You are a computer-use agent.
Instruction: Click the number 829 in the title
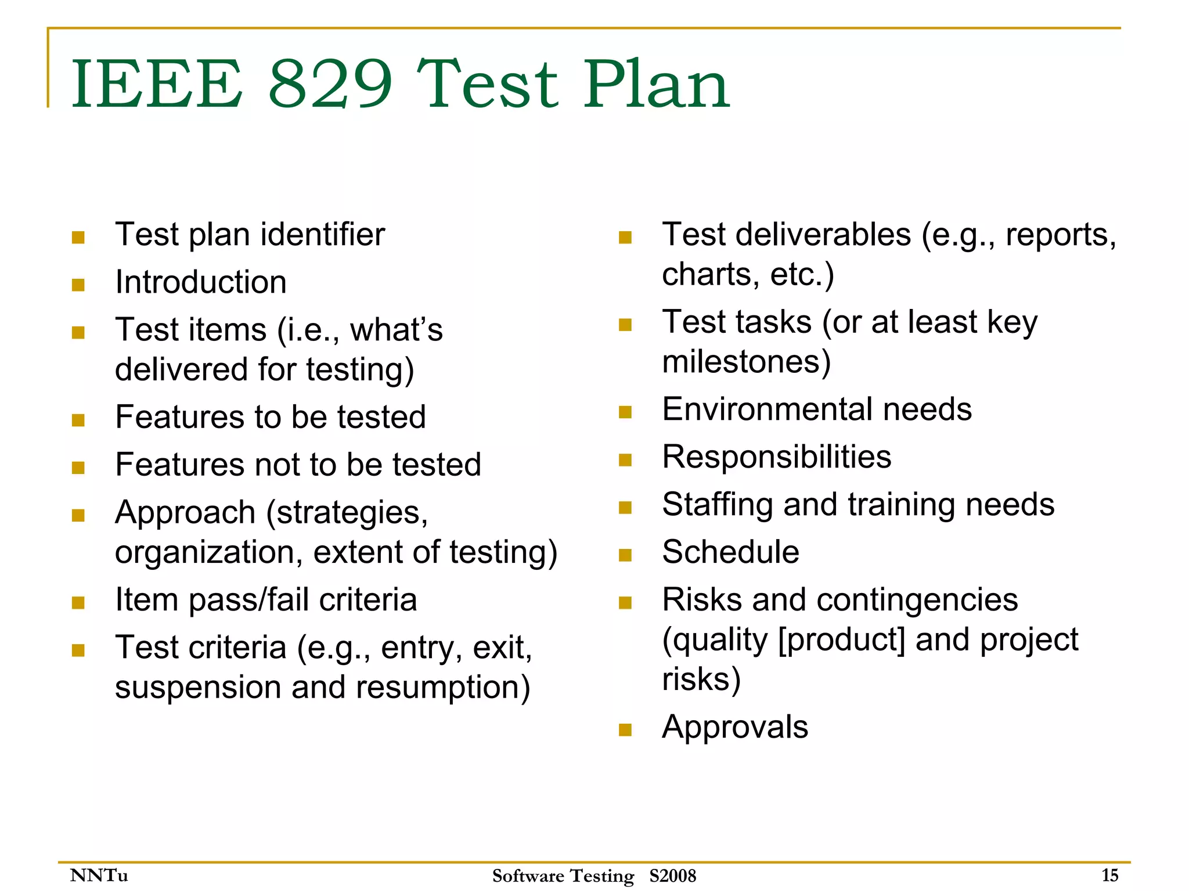click(x=331, y=84)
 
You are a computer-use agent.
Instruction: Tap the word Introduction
click(x=201, y=282)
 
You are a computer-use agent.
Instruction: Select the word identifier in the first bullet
click(x=322, y=235)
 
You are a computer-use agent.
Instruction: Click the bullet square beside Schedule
click(x=625, y=555)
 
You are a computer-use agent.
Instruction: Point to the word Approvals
click(x=735, y=727)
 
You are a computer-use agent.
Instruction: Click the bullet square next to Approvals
click(x=625, y=730)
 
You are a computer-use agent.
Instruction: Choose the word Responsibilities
click(x=777, y=457)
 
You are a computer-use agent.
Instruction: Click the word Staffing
click(x=718, y=504)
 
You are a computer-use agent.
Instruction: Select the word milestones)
click(x=747, y=361)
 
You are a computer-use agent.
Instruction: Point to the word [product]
click(x=841, y=639)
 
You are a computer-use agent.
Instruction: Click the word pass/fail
click(x=249, y=599)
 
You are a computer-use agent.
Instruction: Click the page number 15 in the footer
click(x=1109, y=875)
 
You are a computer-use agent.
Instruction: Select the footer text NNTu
click(x=99, y=875)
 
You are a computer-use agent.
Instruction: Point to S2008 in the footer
click(x=672, y=875)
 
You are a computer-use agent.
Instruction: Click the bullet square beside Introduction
click(x=78, y=285)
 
